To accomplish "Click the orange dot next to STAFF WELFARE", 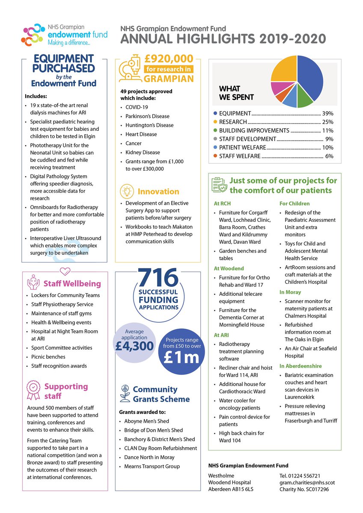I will click(x=215, y=156).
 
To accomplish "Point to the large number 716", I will click(x=158, y=279).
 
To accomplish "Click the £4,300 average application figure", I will click(x=134, y=345).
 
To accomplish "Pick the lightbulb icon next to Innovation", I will click(x=128, y=191).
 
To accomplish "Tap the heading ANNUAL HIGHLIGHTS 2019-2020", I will click(x=223, y=39).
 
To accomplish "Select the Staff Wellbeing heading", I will click(x=72, y=283).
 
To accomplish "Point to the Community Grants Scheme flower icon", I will click(x=125, y=394).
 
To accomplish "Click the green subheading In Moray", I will click(x=290, y=292).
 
